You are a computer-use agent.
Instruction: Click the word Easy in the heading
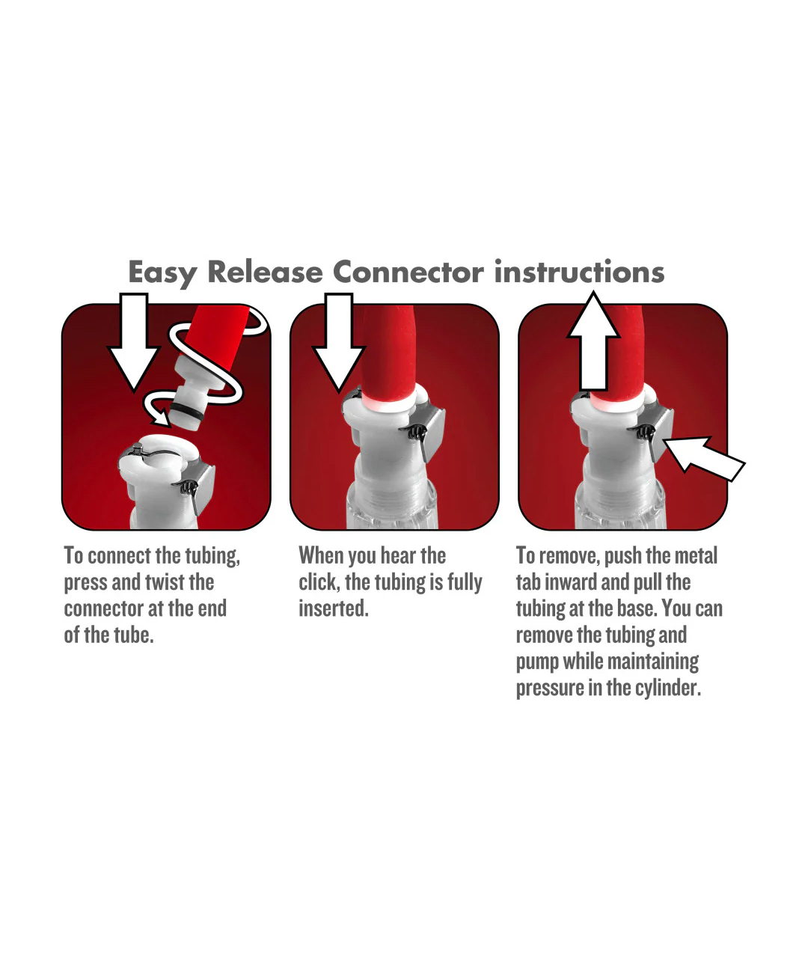pyautogui.click(x=162, y=273)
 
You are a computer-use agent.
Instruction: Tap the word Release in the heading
pyautogui.click(x=265, y=272)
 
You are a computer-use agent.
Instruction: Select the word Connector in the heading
pyautogui.click(x=408, y=272)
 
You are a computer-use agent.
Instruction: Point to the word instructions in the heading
pyautogui.click(x=579, y=272)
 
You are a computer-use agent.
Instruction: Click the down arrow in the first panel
pyautogui.click(x=133, y=342)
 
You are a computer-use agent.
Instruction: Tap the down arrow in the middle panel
pyautogui.click(x=338, y=342)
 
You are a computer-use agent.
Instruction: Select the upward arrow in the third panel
pyautogui.click(x=593, y=341)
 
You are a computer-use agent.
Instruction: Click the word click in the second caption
pyautogui.click(x=319, y=582)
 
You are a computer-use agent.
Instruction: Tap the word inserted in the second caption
pyautogui.click(x=334, y=608)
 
